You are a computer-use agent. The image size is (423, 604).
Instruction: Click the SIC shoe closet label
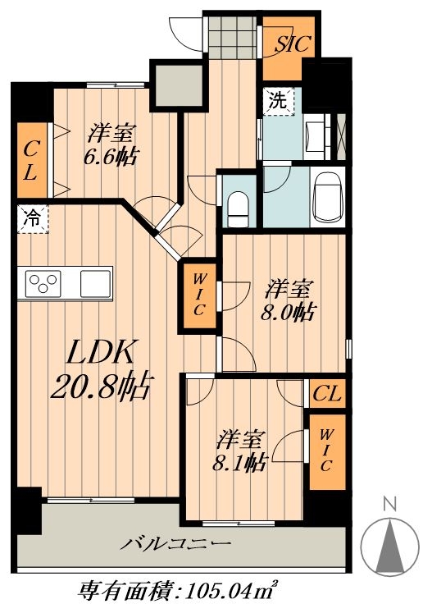(292, 44)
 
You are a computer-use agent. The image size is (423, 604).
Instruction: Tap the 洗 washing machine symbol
(279, 101)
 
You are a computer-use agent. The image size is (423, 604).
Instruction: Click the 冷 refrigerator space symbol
(33, 219)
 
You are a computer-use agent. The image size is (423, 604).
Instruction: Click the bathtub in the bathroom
(328, 196)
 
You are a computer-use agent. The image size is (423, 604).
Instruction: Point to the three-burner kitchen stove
(43, 283)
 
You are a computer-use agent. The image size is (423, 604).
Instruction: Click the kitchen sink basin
(95, 283)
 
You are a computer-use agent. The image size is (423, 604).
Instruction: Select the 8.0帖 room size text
(289, 312)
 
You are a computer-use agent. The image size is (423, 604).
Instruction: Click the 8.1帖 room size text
(239, 462)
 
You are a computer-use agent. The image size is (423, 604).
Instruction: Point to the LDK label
(101, 351)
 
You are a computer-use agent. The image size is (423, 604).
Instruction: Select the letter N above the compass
(390, 504)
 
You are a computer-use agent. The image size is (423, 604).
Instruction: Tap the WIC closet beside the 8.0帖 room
(199, 295)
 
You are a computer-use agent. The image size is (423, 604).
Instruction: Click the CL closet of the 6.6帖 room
(32, 160)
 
